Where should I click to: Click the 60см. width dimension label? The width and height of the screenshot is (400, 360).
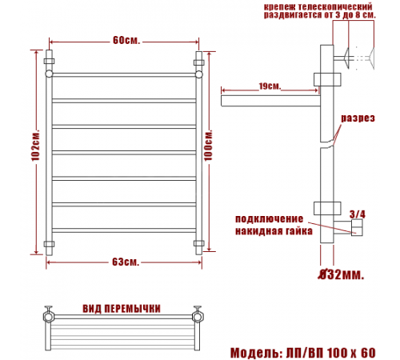(126, 41)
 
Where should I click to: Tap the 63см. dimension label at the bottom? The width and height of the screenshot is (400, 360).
(126, 262)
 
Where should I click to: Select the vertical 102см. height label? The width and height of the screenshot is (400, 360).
(35, 146)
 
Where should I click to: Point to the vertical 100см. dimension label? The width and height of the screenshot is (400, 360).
(208, 146)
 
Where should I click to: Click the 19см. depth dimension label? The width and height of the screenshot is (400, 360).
(270, 86)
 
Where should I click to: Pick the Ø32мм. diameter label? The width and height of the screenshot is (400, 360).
(341, 274)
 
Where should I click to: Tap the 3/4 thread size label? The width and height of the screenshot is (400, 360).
(358, 214)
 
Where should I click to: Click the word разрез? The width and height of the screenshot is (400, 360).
(358, 118)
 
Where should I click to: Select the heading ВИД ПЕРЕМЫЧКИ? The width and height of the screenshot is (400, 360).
(122, 309)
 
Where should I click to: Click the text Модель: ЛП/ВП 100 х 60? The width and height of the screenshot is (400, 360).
(303, 353)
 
